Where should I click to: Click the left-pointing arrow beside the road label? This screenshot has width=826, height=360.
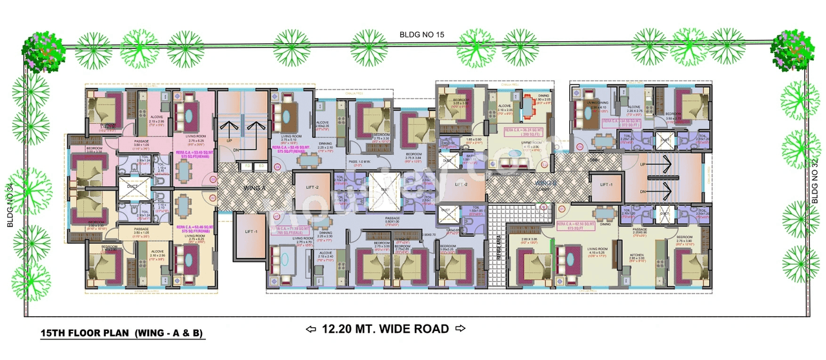coord(311,329)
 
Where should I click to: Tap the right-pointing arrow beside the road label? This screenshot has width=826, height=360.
coord(460,329)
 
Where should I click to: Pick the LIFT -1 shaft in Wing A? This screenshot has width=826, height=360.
coord(247,232)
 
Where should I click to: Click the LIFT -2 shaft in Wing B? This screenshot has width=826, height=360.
coord(460,185)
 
